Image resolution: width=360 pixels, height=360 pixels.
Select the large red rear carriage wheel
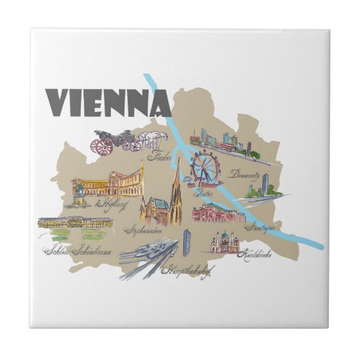click(x=104, y=146)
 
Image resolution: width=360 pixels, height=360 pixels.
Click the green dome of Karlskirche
click(x=224, y=235)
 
